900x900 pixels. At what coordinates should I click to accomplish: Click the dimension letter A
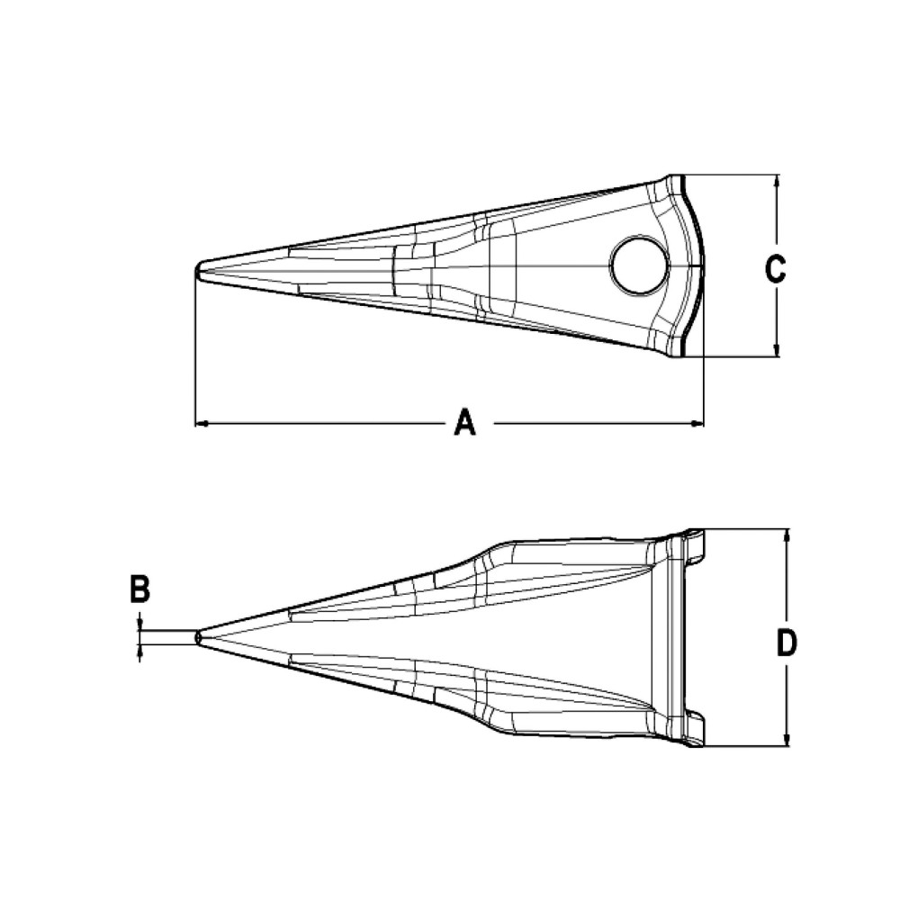tap(463, 421)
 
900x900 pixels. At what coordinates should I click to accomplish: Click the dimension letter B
tap(139, 590)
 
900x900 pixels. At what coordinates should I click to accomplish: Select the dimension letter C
tap(775, 267)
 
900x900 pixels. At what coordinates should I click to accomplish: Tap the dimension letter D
tap(787, 643)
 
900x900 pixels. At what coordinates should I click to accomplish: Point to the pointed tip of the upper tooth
tap(198, 269)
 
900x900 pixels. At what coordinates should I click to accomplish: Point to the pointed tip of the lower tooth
tap(198, 636)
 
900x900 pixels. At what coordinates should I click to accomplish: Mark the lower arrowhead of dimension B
tap(140, 650)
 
